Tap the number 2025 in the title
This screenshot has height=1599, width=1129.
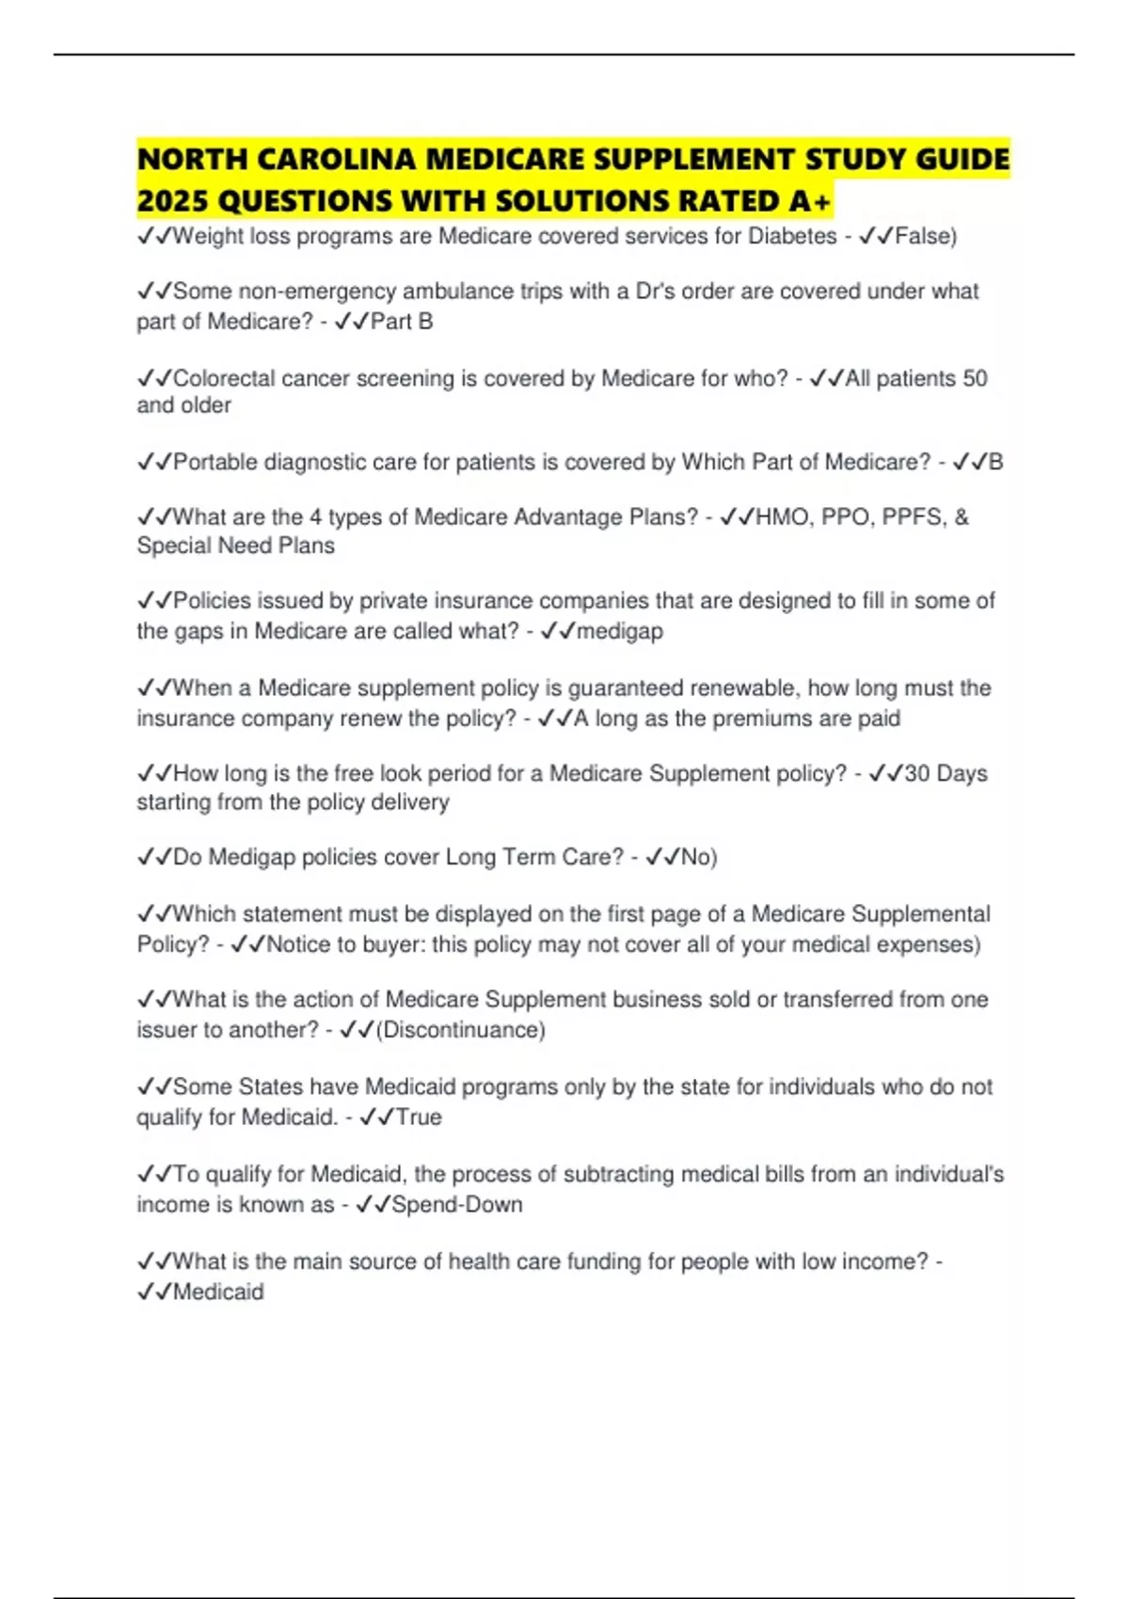[x=170, y=201]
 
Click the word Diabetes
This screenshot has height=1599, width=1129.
[x=792, y=236]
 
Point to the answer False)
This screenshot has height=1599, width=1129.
[x=926, y=236]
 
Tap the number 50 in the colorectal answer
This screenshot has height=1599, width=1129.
[x=975, y=378]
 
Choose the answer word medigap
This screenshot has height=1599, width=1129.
[x=620, y=631]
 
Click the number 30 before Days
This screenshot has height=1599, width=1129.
[x=916, y=773]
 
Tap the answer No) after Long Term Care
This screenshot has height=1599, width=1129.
[x=699, y=857]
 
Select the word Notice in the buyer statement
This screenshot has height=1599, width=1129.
[x=298, y=944]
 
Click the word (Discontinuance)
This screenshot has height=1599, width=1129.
[x=461, y=1030]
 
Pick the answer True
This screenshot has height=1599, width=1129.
[x=419, y=1117]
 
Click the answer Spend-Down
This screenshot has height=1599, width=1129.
[x=456, y=1205]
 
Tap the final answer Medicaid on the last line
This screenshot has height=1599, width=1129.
[x=218, y=1292]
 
